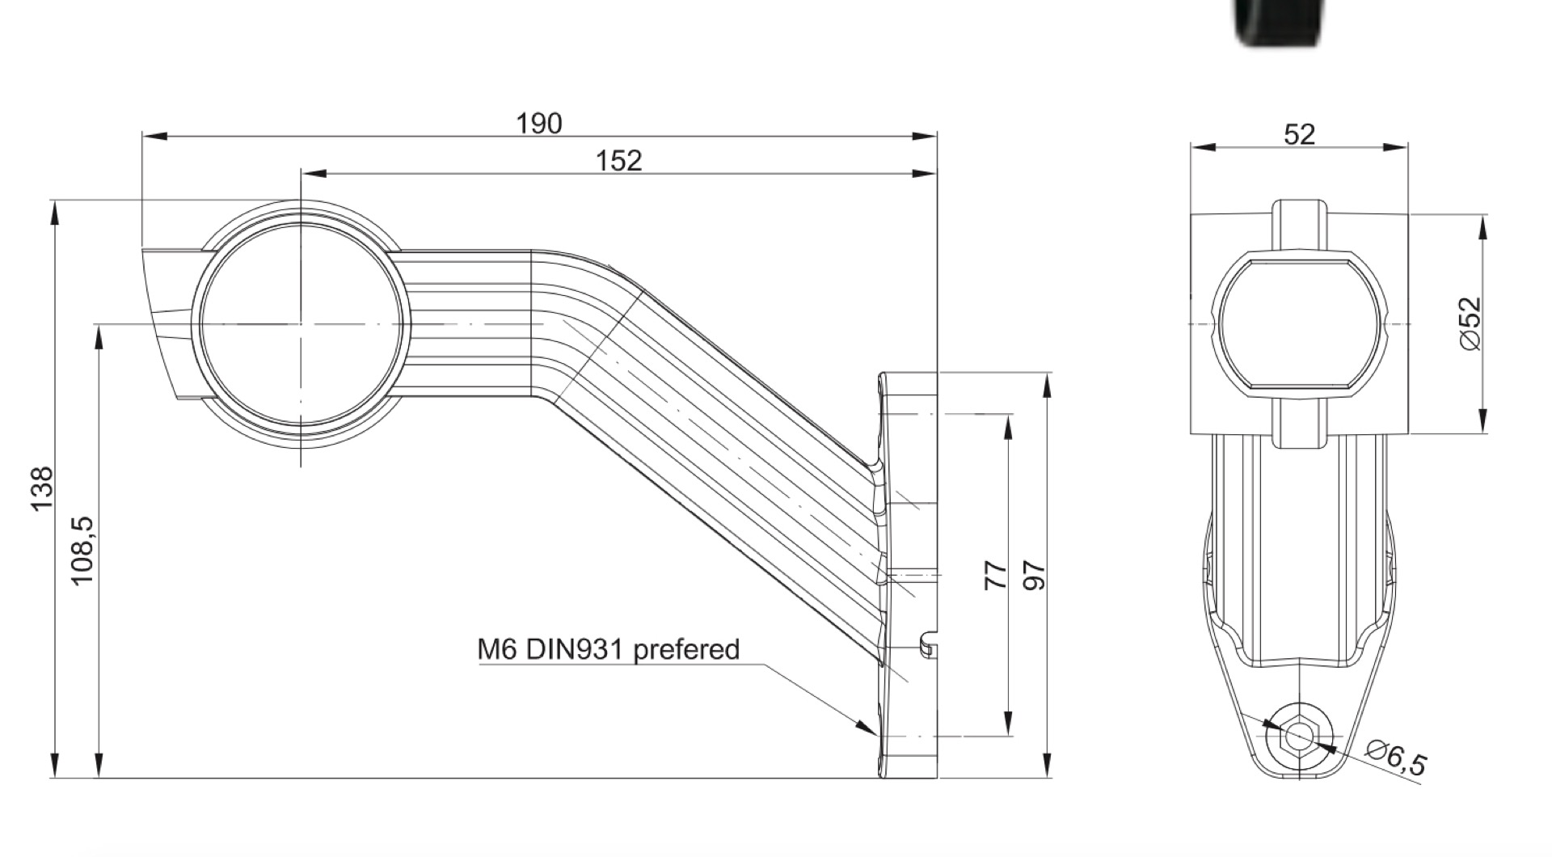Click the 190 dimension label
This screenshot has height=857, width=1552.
click(539, 124)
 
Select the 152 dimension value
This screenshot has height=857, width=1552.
click(618, 161)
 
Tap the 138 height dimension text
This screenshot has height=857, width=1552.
click(42, 488)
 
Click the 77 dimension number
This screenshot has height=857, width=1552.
click(997, 575)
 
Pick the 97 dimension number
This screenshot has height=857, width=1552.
click(1035, 575)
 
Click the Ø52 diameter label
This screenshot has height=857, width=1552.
click(1471, 323)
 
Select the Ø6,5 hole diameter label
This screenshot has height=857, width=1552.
click(1397, 758)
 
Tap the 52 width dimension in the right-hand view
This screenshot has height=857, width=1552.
click(1299, 134)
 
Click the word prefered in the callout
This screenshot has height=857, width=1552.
click(686, 649)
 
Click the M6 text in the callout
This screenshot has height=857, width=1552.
click(498, 649)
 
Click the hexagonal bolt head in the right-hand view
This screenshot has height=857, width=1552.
click(1299, 736)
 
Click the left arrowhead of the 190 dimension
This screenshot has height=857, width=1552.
click(154, 136)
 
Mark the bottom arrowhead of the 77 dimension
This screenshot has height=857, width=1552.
click(1008, 724)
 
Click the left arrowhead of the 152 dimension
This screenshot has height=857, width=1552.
click(314, 173)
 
